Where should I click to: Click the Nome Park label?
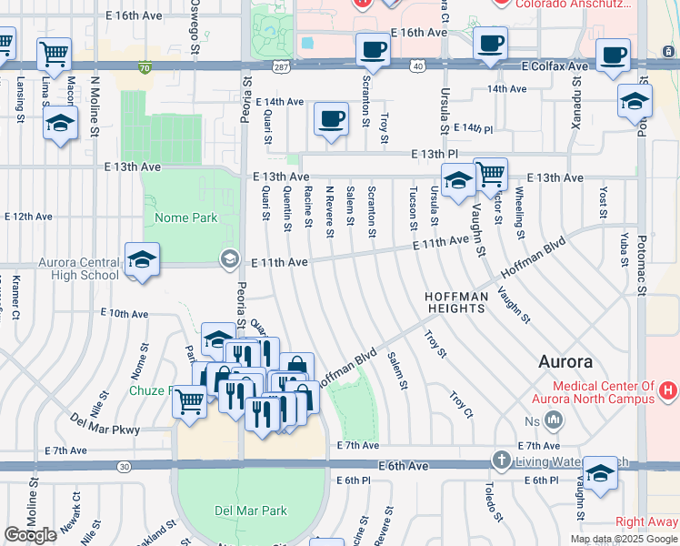click(186, 218)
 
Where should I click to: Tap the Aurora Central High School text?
click(78, 268)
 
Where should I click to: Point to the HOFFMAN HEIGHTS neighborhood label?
click(455, 303)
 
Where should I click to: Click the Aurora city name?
click(565, 361)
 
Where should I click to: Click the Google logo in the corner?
click(31, 535)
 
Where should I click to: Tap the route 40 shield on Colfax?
click(416, 66)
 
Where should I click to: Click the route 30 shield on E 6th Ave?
click(124, 466)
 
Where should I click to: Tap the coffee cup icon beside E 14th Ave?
click(331, 118)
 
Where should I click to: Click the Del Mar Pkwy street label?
click(105, 424)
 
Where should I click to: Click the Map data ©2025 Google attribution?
click(623, 539)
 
